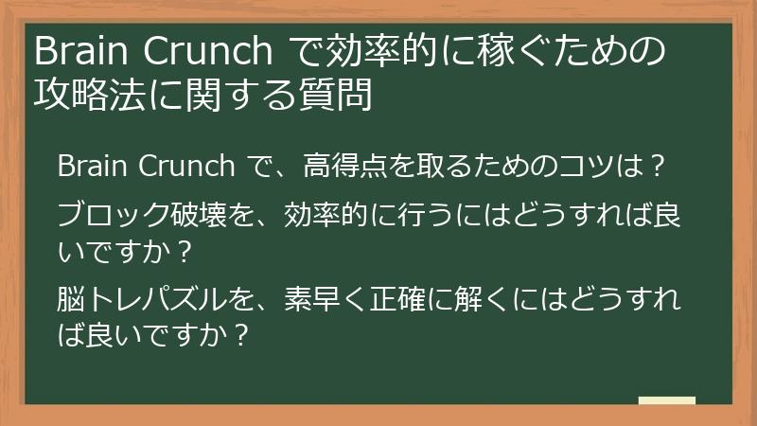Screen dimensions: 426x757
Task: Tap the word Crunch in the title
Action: coord(208,49)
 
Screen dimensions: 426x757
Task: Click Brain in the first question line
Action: coord(93,167)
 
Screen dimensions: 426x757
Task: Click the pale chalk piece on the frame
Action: coord(666,401)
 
